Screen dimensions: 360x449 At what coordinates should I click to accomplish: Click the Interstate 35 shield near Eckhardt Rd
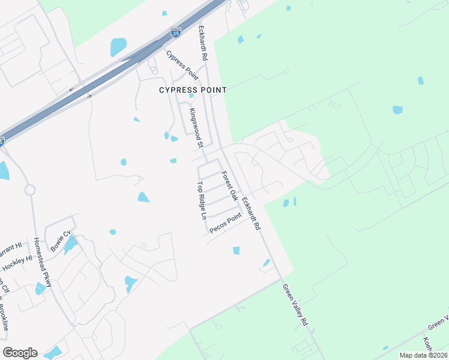[x=175, y=32]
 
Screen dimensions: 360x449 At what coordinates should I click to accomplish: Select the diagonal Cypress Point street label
[x=182, y=65]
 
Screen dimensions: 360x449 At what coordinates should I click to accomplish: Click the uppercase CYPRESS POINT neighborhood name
[x=193, y=90]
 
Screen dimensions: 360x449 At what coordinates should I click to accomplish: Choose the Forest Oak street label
[x=230, y=187]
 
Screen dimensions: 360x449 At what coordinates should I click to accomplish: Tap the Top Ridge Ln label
[x=202, y=200]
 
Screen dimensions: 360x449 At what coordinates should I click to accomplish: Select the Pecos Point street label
[x=225, y=223]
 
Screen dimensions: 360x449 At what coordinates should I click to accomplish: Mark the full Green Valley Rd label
[x=295, y=305]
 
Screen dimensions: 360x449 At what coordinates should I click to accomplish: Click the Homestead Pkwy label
[x=43, y=262]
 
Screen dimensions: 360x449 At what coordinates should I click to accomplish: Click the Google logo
[x=20, y=353]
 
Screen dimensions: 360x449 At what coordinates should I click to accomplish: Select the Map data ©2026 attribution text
[x=423, y=355]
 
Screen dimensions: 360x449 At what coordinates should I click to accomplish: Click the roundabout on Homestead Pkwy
[x=30, y=190]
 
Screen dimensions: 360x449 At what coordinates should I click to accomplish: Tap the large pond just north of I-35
[x=118, y=47]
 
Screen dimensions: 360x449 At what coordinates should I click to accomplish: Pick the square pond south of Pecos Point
[x=236, y=250]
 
